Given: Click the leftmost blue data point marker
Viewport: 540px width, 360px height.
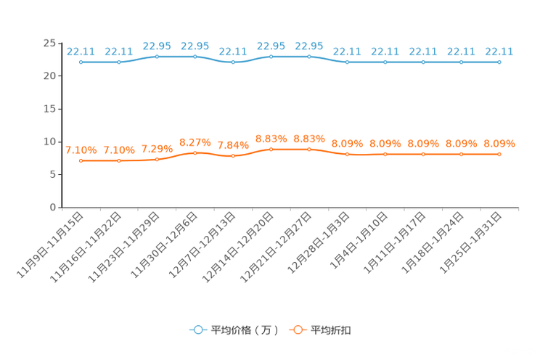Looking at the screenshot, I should (81, 62).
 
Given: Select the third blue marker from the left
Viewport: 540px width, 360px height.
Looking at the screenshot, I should (157, 56).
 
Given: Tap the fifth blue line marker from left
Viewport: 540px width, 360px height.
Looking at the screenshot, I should (233, 62).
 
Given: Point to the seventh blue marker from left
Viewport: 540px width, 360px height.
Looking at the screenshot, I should (309, 56).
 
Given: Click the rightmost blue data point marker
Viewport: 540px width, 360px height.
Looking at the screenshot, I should (499, 62).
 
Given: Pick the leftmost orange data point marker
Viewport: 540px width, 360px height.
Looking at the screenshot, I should (81, 160).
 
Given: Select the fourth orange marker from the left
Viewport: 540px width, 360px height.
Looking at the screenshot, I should (195, 153).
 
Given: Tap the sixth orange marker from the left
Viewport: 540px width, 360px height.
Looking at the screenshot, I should (271, 150).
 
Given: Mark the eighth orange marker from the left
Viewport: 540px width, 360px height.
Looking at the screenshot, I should (348, 155).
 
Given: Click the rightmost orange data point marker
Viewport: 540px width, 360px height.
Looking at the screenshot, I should (499, 155).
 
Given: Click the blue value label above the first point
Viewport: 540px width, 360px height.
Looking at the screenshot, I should (81, 52).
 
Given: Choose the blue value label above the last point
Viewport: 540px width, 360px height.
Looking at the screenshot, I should (499, 52).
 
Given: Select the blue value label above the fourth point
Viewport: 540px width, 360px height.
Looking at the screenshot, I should (195, 46).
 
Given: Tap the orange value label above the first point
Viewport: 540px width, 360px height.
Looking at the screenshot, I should (81, 150).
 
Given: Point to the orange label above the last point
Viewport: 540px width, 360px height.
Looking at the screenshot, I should (499, 144).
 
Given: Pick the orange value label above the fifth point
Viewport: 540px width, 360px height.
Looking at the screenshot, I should (233, 145).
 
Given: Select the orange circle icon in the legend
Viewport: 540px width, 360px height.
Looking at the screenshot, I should (297, 330).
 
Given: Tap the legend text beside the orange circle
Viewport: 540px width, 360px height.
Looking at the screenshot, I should (331, 330).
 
